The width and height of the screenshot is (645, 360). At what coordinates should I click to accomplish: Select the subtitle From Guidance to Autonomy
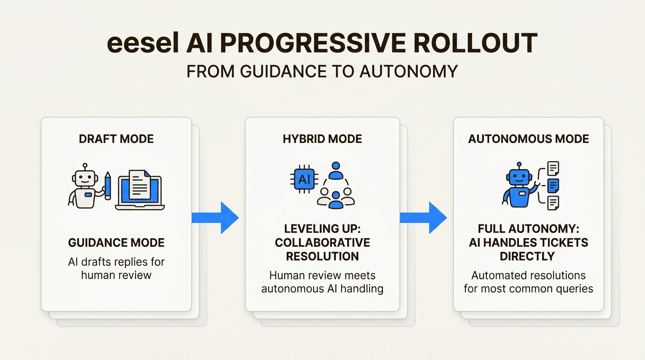(322, 71)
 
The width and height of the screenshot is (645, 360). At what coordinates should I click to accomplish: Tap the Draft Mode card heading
(116, 139)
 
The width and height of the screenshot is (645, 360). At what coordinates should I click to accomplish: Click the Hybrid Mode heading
(322, 139)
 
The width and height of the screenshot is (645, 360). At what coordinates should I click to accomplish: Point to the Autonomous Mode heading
(528, 139)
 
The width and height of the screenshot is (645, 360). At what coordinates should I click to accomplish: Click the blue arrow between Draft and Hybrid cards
(216, 217)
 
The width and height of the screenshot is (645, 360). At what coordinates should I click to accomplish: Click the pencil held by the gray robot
(108, 186)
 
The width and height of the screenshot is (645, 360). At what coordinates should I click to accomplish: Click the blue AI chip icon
(304, 180)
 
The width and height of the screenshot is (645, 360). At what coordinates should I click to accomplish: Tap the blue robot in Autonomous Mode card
(518, 186)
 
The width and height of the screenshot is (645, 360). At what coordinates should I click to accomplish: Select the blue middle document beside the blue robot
(553, 185)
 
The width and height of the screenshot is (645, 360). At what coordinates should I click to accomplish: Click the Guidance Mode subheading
(116, 243)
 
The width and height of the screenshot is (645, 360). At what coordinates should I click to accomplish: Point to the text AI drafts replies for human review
(116, 268)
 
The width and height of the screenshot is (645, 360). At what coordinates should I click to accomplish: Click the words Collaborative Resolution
(322, 249)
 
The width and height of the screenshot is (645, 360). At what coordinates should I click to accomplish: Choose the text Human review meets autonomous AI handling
(322, 282)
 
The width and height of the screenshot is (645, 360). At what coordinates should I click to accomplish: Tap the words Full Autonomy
(528, 229)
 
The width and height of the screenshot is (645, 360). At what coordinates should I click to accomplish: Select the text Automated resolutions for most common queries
(528, 282)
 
